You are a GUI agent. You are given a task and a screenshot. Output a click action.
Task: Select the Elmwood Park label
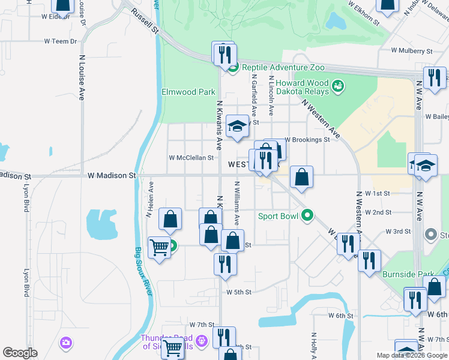(188, 92)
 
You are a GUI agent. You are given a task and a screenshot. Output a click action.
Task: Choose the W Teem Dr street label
(61, 41)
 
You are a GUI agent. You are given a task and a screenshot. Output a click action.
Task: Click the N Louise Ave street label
(82, 78)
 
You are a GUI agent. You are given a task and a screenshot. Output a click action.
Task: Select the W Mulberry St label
(412, 52)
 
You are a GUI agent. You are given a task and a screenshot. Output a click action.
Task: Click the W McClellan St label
(191, 158)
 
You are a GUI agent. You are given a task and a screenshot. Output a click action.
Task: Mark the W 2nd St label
(378, 212)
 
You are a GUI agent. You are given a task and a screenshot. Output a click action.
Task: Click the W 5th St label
(238, 292)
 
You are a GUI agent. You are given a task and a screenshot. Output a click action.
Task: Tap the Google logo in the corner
(20, 353)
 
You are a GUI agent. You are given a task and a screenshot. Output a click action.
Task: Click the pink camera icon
(66, 343)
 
